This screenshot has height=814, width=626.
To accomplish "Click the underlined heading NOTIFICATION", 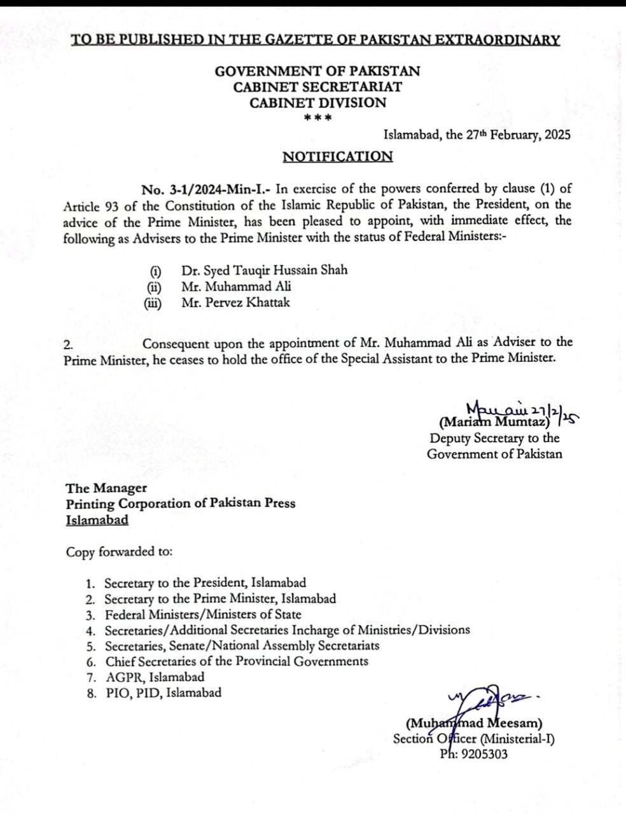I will [x=337, y=156].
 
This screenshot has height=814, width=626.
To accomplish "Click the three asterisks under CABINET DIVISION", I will [x=317, y=118].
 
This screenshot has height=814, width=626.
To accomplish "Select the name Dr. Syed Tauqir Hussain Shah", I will [x=264, y=270].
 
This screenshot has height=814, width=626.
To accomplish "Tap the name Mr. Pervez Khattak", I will [x=235, y=303].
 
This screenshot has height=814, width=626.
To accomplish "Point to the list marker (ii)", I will [x=153, y=287].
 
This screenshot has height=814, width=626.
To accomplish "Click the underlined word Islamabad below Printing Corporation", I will [x=97, y=520].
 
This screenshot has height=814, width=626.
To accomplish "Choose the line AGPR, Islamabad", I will [x=155, y=677].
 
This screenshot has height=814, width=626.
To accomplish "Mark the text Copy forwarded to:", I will [x=119, y=552].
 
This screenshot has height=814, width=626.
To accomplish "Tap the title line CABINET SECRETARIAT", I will [x=317, y=87].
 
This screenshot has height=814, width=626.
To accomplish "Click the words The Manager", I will [x=106, y=488].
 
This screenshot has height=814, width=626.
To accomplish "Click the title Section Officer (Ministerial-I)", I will [x=473, y=739].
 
